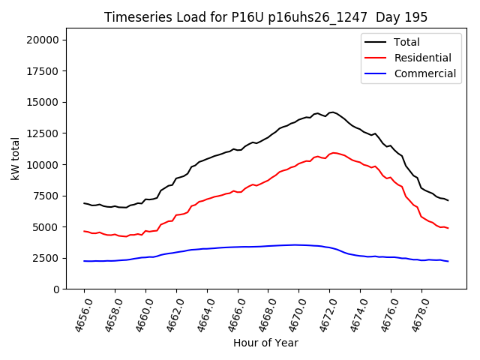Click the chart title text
point(266,17)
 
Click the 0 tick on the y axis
point(57,289)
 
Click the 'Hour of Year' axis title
point(265,343)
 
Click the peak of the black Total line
point(332,112)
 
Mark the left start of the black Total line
point(84,203)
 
